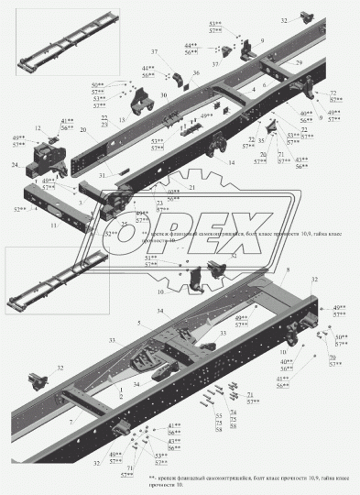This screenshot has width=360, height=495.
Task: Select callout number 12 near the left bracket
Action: pos(38,127)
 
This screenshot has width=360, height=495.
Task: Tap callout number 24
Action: pos(14,165)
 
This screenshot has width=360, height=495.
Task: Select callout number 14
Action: pos(231,162)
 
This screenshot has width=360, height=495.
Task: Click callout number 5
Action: pos(139,323)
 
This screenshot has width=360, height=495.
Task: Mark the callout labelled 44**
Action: pos(189,45)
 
